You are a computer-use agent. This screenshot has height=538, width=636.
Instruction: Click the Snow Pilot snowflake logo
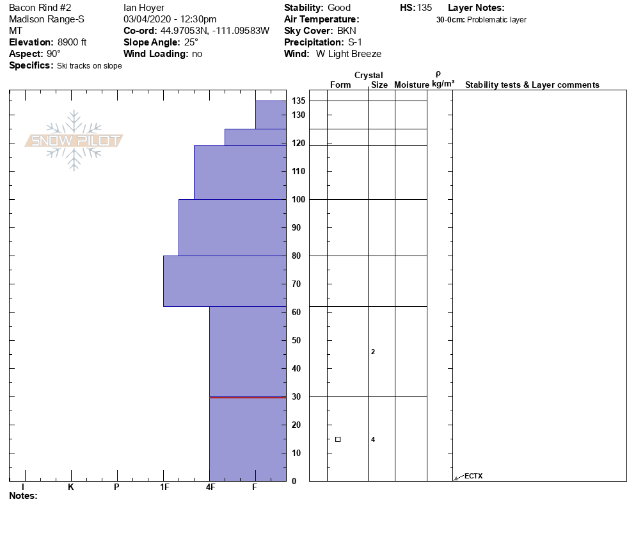click(x=74, y=141)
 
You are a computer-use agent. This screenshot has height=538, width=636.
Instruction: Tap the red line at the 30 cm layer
click(x=248, y=397)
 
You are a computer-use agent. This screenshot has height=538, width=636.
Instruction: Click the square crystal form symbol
click(x=338, y=439)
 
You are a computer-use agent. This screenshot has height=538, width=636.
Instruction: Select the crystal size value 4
click(x=373, y=439)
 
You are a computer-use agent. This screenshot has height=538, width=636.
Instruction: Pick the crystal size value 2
click(x=373, y=352)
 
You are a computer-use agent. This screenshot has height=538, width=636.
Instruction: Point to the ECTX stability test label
click(x=473, y=476)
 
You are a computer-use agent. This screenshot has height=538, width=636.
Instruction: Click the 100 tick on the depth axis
click(x=298, y=199)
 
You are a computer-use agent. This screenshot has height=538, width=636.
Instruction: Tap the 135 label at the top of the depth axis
click(x=298, y=101)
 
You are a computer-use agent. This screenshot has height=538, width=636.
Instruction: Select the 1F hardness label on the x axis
click(x=164, y=487)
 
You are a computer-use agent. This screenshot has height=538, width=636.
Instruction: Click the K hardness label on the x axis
click(x=70, y=487)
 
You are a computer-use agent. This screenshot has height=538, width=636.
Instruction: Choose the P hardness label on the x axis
click(x=116, y=487)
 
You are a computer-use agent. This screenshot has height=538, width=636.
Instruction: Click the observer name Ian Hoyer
click(x=144, y=8)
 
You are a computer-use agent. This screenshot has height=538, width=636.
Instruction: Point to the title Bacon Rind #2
click(x=40, y=8)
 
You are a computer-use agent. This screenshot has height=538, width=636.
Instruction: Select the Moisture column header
click(x=411, y=85)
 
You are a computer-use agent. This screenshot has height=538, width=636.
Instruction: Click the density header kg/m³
click(x=443, y=84)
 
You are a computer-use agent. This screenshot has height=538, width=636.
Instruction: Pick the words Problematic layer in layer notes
click(x=497, y=20)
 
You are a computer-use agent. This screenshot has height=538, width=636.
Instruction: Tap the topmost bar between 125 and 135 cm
click(x=271, y=115)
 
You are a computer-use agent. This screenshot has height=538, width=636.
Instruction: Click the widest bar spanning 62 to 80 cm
click(x=225, y=281)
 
